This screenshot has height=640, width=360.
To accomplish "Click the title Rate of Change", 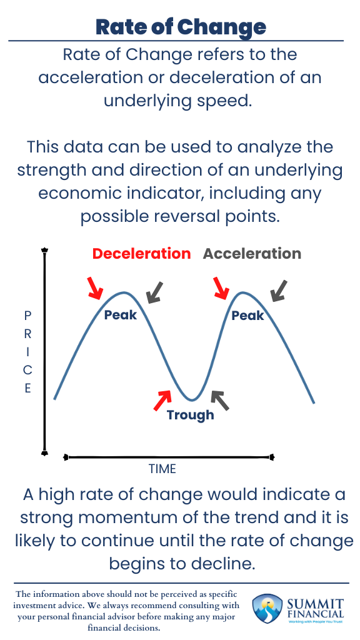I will click(181, 27).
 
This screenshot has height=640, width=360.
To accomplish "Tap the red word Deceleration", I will click(141, 254).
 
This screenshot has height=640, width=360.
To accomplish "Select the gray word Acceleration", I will click(252, 254).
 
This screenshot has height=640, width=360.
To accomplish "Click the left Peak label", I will click(120, 315).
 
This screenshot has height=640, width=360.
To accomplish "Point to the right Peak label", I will click(247, 316).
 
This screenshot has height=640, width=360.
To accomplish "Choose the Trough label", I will click(190, 414).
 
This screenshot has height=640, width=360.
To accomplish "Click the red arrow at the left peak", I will click(95, 287).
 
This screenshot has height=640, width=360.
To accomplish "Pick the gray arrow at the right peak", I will click(279, 289).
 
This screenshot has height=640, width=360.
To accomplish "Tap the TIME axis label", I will click(162, 469).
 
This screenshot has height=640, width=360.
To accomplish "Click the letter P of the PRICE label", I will click(27, 316).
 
